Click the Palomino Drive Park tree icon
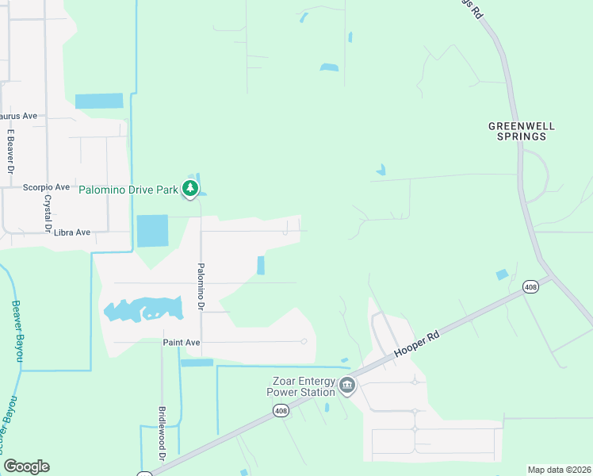[x=189, y=188]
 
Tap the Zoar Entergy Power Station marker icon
[x=346, y=386]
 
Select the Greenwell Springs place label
[x=518, y=131]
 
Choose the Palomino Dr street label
[x=201, y=286]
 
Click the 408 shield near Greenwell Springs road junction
[x=530, y=286]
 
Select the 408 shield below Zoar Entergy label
[x=281, y=410]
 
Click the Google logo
[x=26, y=466]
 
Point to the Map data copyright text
[x=558, y=470]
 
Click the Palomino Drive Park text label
[x=128, y=190]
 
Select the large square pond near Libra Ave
[x=152, y=231]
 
